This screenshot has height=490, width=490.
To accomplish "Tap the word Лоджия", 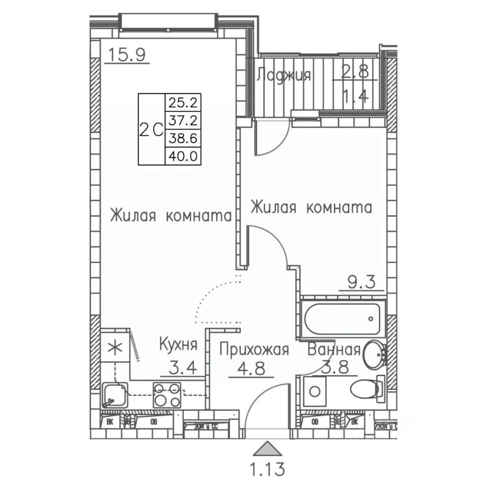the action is pyautogui.click(x=284, y=75).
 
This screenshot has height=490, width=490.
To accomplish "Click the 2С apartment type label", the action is pyautogui.click(x=151, y=129).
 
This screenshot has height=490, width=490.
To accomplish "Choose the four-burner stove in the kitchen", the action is pyautogui.click(x=168, y=394).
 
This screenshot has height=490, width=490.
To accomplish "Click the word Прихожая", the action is pyautogui.click(x=255, y=350).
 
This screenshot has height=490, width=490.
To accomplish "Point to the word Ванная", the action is pyautogui.click(x=334, y=350).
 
